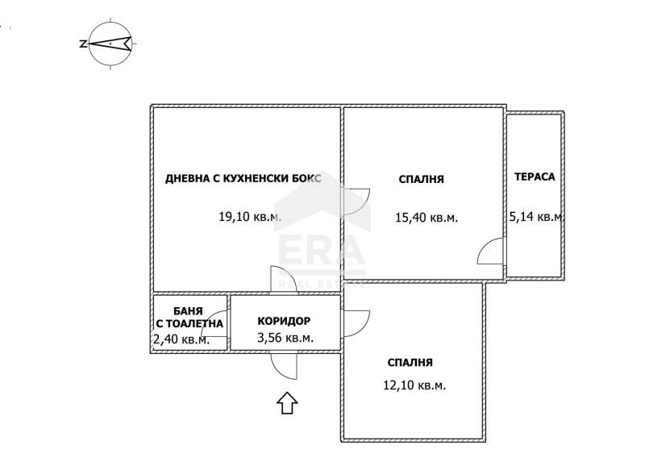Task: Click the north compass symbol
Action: tap(110, 44)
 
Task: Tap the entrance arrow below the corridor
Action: tap(287, 403)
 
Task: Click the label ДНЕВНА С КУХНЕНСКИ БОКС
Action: tap(243, 179)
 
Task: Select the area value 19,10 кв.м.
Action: tap(250, 216)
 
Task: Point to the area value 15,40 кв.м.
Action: tap(427, 218)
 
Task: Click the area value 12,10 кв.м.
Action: tap(414, 385)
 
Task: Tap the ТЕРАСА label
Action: tap(535, 177)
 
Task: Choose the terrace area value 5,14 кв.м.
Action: tap(536, 216)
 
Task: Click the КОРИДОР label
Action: tap(284, 321)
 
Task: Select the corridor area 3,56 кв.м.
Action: tap(285, 339)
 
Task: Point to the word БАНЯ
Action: tap(188, 311)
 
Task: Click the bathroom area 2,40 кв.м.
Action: tap(181, 340)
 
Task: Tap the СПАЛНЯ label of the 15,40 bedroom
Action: tap(421, 180)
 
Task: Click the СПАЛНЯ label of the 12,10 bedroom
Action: tap(410, 363)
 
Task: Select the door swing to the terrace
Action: tap(490, 251)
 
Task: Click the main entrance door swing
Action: tap(284, 366)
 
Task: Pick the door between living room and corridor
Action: tap(284, 280)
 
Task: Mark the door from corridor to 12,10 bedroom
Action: tap(356, 323)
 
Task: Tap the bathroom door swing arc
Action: tap(214, 324)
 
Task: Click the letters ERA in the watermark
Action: tap(322, 251)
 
